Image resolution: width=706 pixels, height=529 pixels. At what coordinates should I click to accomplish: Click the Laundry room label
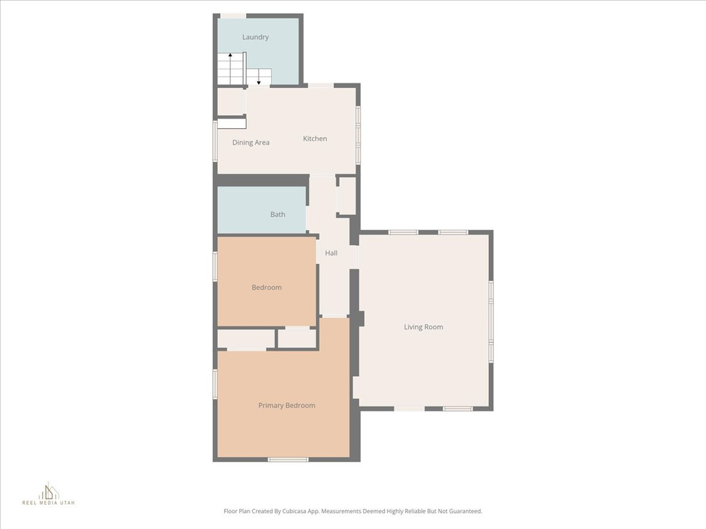click(255, 37)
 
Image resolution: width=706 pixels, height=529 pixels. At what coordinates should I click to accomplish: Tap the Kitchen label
click(315, 138)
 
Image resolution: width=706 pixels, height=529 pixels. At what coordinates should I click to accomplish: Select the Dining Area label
click(251, 143)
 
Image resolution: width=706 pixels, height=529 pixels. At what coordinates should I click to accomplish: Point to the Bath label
click(278, 214)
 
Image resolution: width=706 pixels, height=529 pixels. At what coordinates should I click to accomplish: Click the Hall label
click(332, 253)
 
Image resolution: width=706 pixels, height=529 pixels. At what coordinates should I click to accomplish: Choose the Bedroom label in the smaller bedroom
click(266, 287)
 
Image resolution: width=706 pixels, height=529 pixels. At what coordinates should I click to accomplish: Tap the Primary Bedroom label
click(287, 406)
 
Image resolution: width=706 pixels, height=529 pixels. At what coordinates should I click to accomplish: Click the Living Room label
click(423, 327)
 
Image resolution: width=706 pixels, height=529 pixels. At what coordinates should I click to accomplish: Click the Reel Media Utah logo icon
click(48, 491)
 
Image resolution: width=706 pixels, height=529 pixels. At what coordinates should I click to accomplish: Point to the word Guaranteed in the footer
click(463, 511)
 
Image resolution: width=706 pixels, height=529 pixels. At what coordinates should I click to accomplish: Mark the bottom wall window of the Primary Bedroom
click(288, 459)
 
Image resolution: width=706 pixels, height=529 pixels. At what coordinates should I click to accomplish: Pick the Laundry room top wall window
click(233, 16)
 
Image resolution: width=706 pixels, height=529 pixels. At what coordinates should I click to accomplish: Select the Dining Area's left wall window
click(215, 141)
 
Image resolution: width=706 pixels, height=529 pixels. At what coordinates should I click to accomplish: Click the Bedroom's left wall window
click(215, 266)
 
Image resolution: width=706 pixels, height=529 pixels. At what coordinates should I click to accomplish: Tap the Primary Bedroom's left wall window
click(215, 384)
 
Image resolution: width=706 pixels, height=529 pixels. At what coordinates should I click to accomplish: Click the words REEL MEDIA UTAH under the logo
click(48, 504)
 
